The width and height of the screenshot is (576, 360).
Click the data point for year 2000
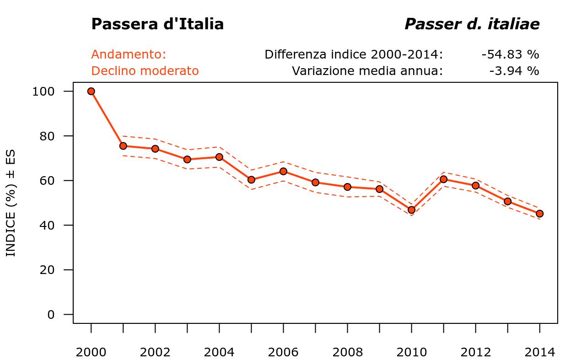pos(91,91)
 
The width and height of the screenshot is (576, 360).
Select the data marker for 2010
pos(411,210)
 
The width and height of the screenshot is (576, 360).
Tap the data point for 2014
pos(539,214)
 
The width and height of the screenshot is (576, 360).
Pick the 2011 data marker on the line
pos(443,179)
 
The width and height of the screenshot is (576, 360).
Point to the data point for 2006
pos(283,171)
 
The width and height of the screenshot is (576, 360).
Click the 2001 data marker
pos(123,146)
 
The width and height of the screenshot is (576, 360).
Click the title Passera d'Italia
pos(157,24)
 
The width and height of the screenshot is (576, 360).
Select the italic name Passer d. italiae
pos(472,24)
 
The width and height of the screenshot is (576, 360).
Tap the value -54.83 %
pos(510,54)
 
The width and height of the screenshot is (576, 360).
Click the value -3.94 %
pos(514,71)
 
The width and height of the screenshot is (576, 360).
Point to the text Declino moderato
pos(145,71)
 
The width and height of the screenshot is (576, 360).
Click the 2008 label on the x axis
pos(348,352)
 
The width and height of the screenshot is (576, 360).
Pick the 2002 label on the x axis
pos(155,352)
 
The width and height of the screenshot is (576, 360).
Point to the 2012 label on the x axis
pos(476,352)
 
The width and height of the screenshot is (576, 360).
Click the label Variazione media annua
pos(367,71)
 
